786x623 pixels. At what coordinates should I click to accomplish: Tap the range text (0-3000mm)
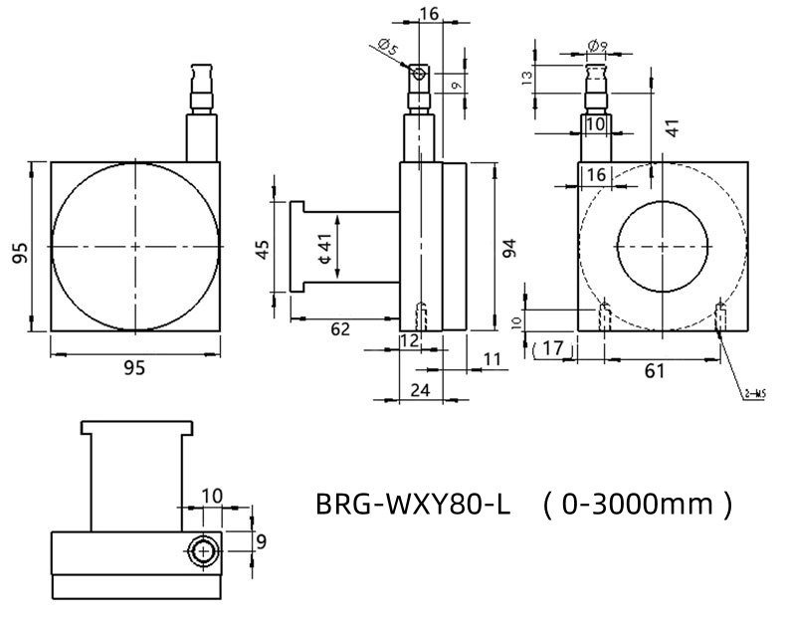click(637, 504)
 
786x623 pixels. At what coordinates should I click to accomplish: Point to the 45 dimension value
click(263, 249)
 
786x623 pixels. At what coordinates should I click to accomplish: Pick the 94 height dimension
click(509, 248)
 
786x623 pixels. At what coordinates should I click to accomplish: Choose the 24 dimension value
click(420, 389)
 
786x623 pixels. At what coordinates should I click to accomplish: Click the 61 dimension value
click(655, 371)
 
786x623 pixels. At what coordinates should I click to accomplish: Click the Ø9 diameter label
click(597, 45)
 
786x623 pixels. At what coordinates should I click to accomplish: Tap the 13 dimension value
click(527, 76)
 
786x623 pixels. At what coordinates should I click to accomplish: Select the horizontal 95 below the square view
click(134, 367)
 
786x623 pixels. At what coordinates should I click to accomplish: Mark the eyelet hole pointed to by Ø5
click(420, 73)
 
